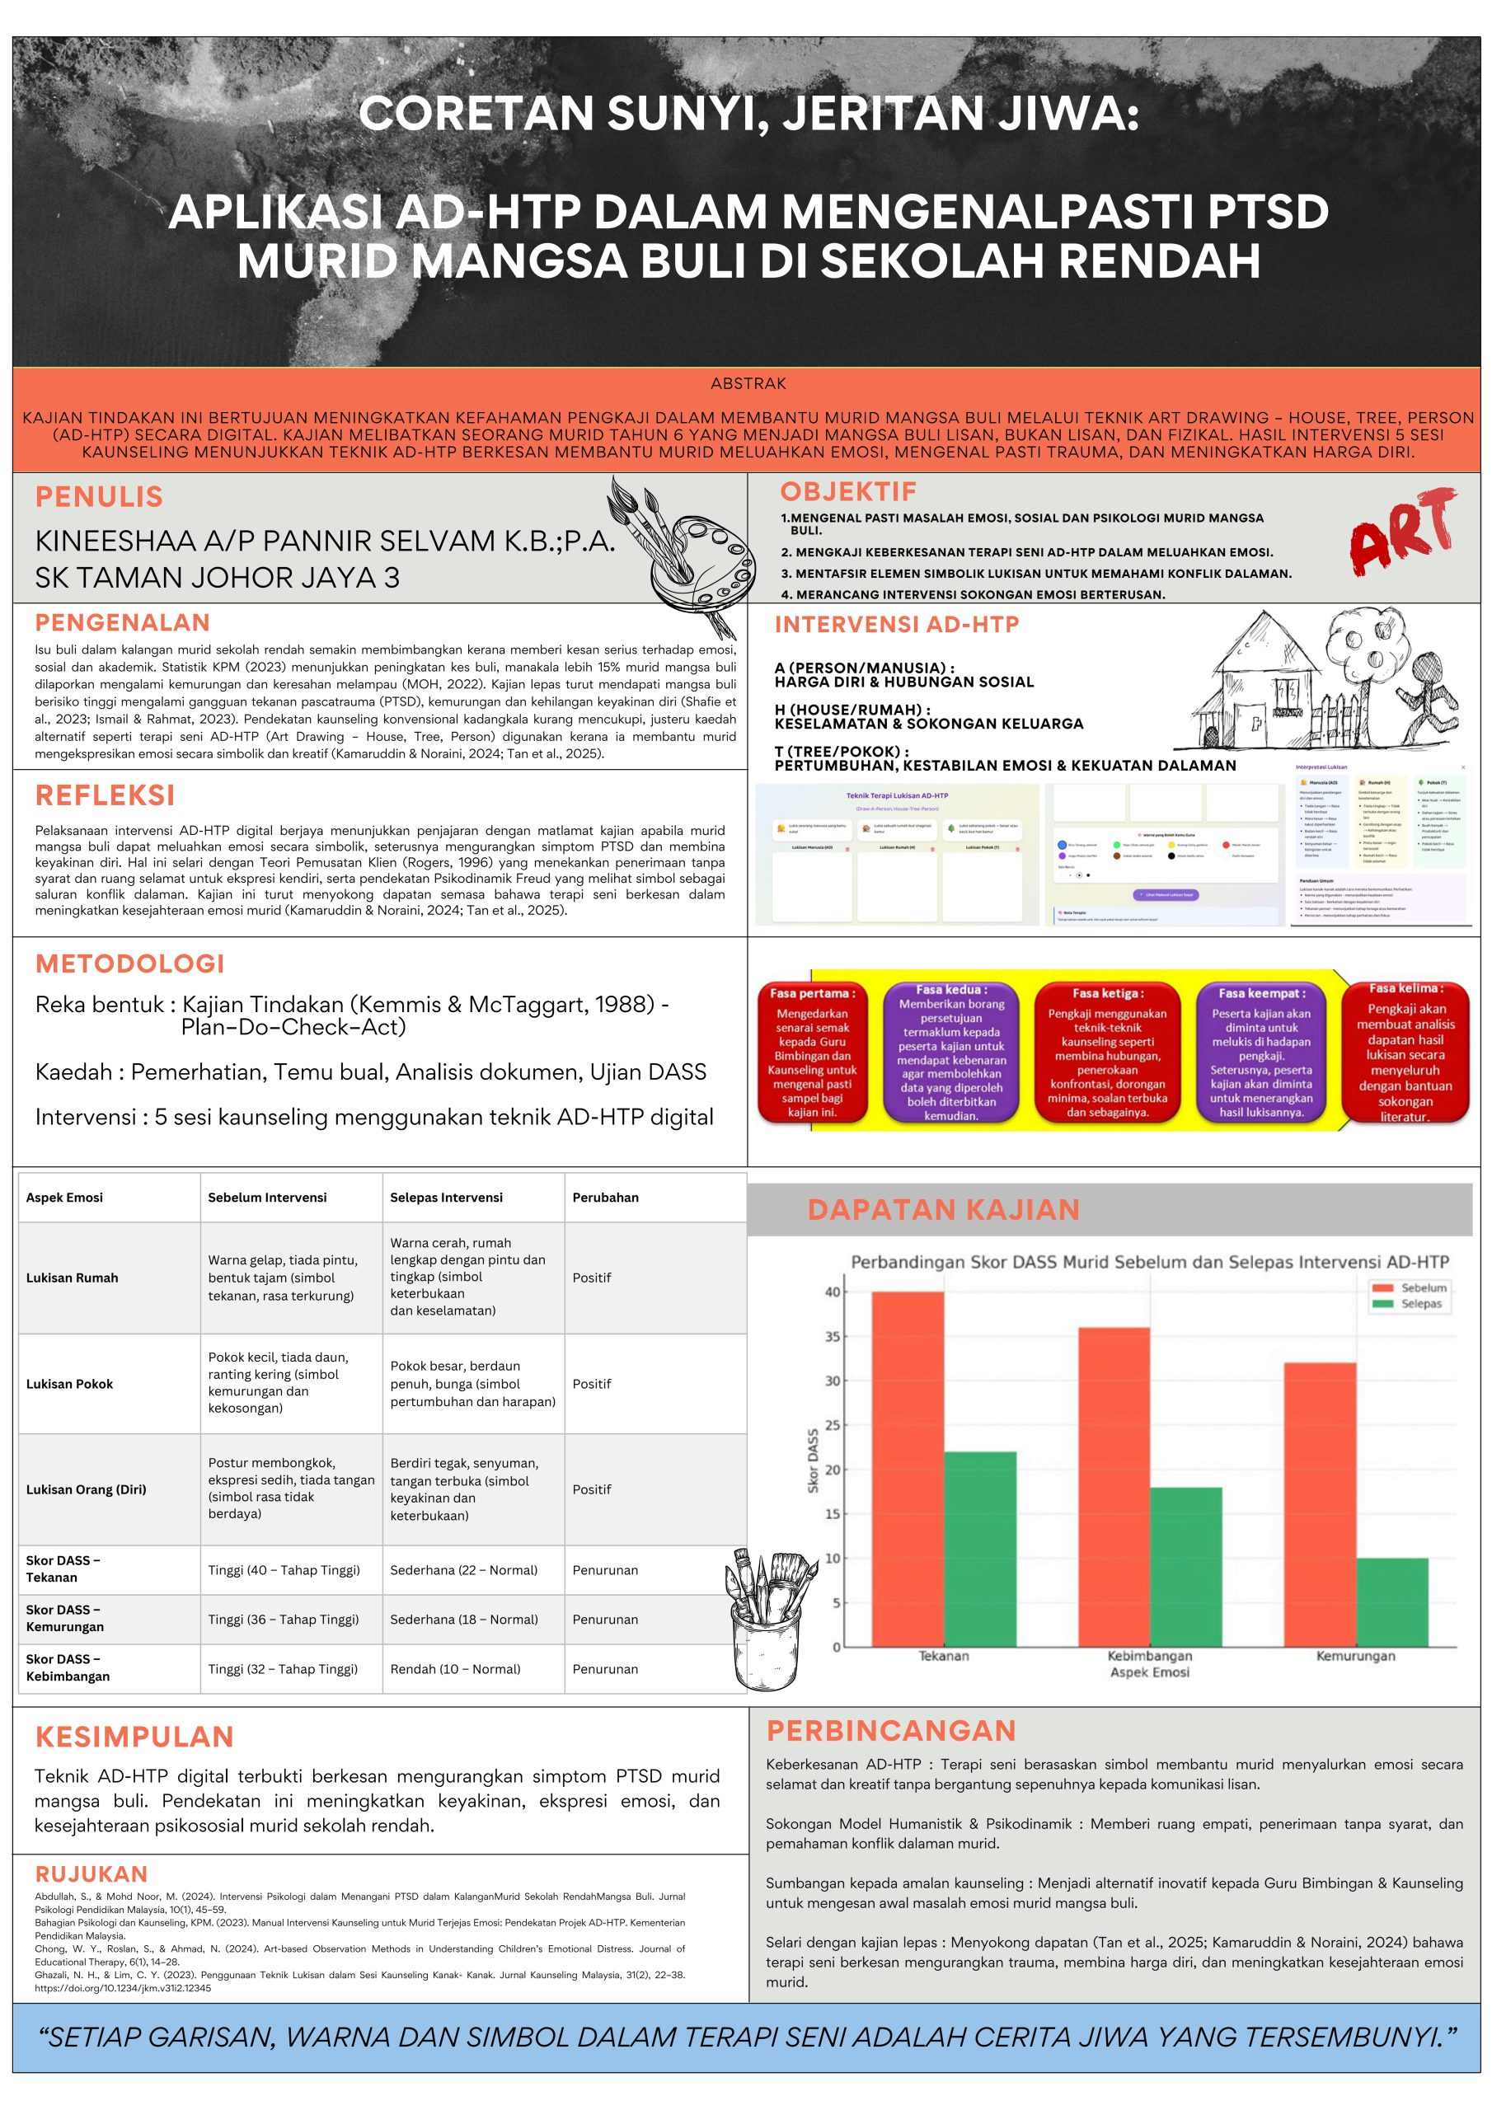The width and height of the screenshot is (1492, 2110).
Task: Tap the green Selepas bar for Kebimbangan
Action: [x=1186, y=1566]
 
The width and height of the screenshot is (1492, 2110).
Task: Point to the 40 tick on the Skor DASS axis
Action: [x=832, y=1292]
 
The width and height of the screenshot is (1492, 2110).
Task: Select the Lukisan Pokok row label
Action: [x=70, y=1384]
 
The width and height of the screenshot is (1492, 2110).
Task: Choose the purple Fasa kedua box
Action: [x=950, y=1053]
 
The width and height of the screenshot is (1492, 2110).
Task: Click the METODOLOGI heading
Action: [x=129, y=964]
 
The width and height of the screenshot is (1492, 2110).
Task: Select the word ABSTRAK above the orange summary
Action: [x=748, y=383]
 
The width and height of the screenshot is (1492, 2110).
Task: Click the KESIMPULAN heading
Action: [x=134, y=1737]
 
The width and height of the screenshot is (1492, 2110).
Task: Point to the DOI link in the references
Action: [x=122, y=1988]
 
